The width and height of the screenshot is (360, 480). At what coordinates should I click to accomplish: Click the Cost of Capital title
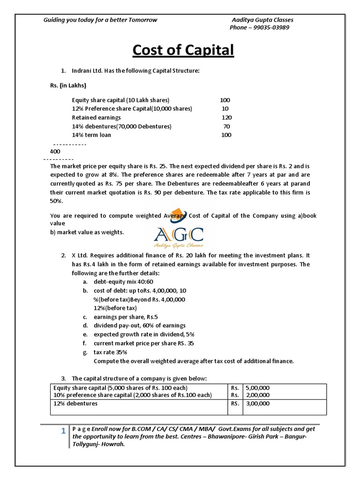point(183,50)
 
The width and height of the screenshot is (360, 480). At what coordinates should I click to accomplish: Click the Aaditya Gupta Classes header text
point(262,20)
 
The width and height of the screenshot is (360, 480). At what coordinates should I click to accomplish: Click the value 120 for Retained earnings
point(226,118)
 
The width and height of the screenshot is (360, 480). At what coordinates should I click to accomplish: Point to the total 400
point(55,152)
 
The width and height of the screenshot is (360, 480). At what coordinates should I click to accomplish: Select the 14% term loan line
point(91,135)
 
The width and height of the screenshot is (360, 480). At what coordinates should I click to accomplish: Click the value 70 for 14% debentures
point(226,127)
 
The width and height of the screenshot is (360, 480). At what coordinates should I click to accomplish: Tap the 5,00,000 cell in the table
point(258,388)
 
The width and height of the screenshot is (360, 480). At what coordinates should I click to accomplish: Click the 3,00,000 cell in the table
point(258,404)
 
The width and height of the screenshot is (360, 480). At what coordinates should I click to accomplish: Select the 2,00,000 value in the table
point(258,395)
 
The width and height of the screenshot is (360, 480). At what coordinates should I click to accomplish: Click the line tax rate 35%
point(110,352)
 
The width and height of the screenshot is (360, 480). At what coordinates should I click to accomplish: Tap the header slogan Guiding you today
point(100,20)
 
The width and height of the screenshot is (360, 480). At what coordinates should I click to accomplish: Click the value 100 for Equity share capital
point(225,100)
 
